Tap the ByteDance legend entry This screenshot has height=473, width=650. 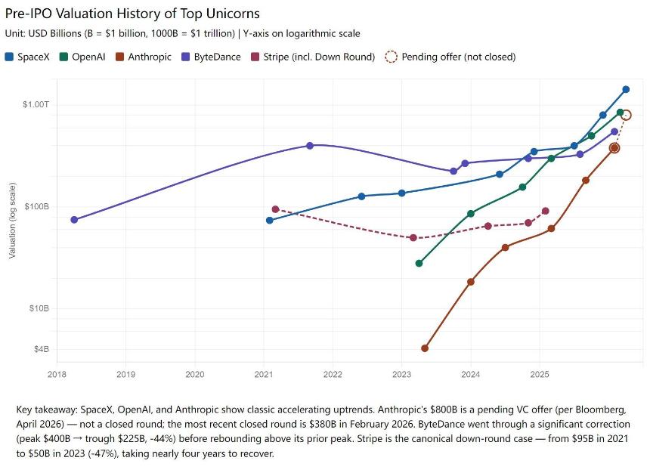coord(209,57)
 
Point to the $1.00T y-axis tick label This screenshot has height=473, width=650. coord(35,104)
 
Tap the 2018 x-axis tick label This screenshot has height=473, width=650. coord(57,374)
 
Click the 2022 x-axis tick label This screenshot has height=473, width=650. coord(333,374)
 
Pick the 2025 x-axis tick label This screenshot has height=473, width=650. coord(540,374)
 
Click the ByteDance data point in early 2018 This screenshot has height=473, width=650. coord(74,220)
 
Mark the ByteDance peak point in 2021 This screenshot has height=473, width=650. coord(310,145)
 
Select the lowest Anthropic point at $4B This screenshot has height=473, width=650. coord(425,348)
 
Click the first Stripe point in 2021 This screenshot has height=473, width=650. coord(275,209)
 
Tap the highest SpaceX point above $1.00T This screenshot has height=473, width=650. coord(626,90)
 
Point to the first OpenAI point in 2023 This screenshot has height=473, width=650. coord(419,263)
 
